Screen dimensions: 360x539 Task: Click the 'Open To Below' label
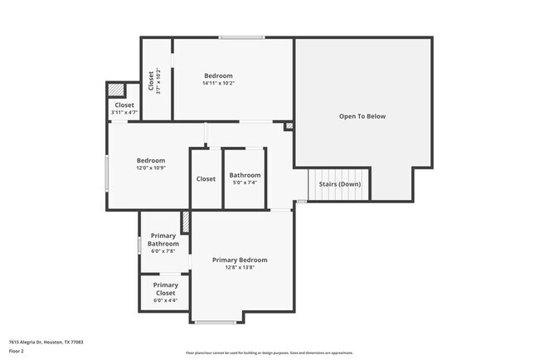362,116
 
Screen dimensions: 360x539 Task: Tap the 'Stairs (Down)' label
340,183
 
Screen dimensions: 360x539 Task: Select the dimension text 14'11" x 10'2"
219,83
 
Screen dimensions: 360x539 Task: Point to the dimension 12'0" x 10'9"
151,168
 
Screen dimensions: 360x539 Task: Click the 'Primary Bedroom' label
240,260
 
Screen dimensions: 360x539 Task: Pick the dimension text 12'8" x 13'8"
240,267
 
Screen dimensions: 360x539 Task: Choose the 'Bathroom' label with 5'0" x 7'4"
245,175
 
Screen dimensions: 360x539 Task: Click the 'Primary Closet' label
164,289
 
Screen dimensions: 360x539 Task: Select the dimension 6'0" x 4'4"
164,300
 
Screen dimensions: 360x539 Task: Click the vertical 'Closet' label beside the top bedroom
151,80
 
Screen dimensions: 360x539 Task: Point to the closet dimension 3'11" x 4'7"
124,112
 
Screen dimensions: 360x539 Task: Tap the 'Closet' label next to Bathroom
206,179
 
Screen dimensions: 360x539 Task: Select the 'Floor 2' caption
17,351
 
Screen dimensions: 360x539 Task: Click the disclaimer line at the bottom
269,353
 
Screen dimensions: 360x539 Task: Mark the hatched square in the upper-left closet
116,90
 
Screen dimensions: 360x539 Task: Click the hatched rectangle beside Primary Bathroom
186,221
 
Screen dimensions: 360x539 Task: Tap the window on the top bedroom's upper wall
241,37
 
